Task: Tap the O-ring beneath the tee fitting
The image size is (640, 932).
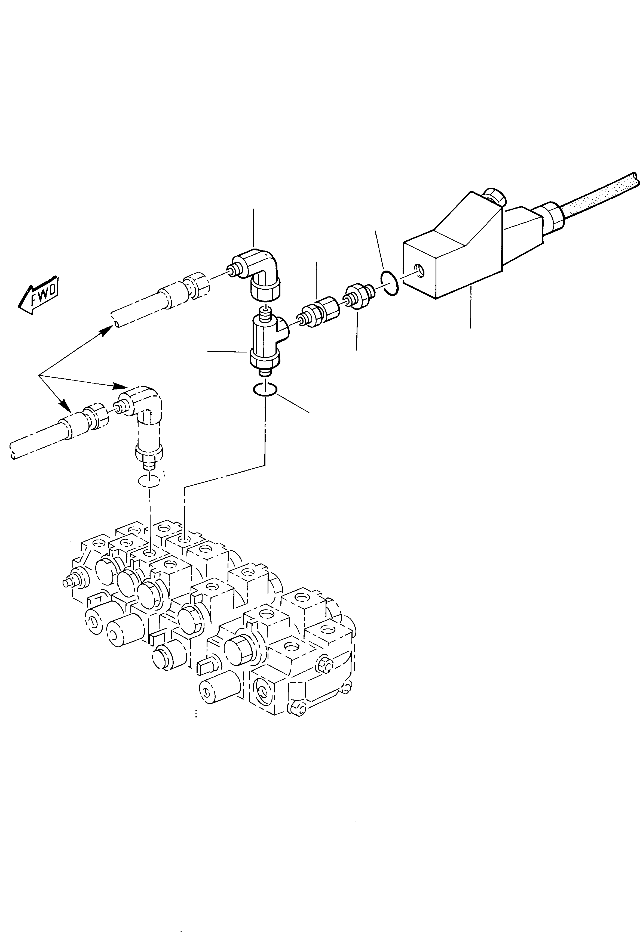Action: pyautogui.click(x=264, y=389)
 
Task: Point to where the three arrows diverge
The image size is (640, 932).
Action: pyautogui.click(x=39, y=375)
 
